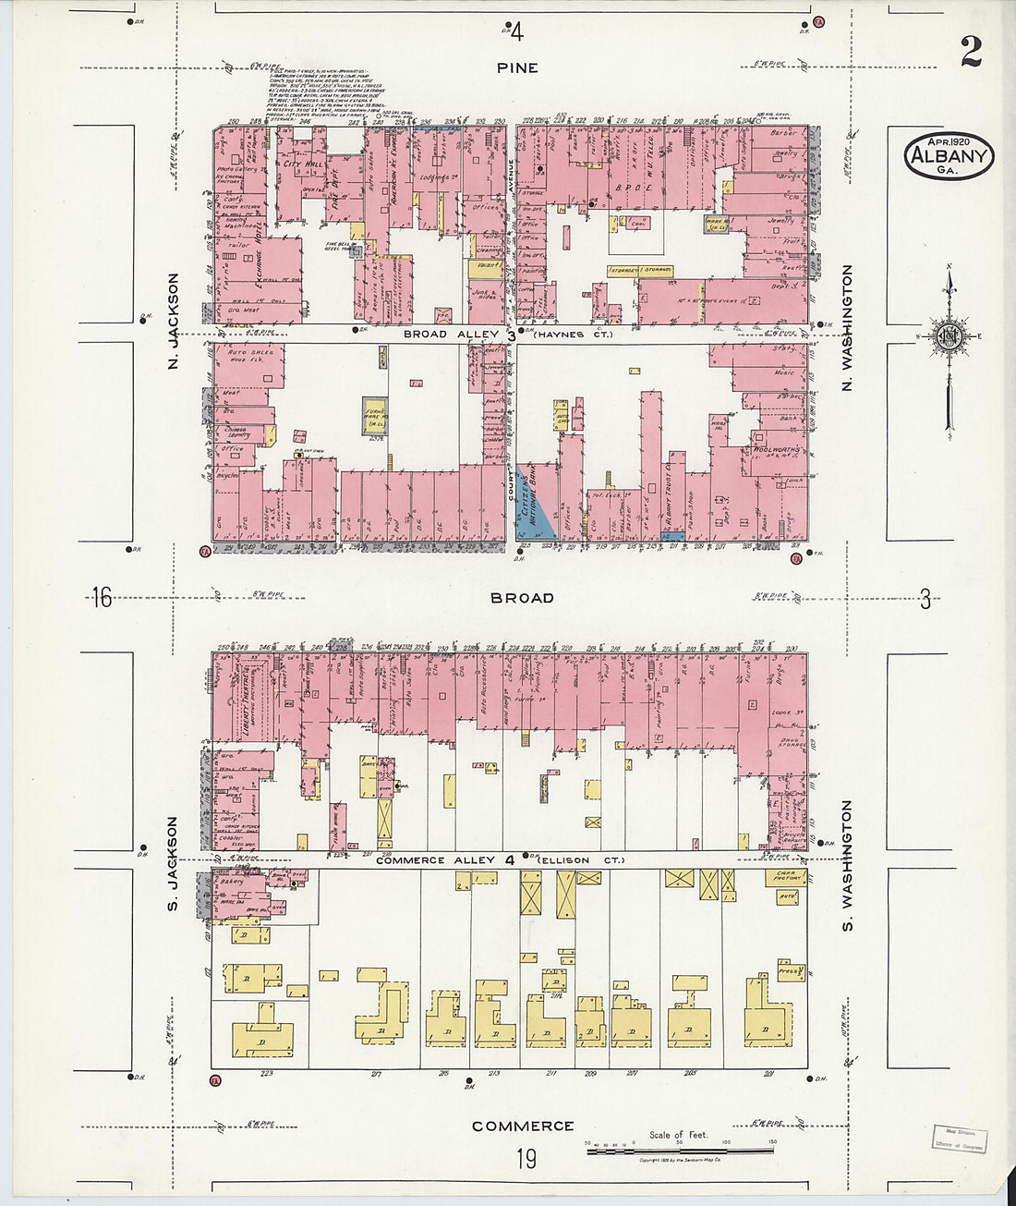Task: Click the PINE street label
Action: coord(516,67)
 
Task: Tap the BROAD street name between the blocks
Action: coord(522,598)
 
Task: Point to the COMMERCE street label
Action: coord(523,1126)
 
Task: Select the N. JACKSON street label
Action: coord(173,321)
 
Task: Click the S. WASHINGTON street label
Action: coord(847,866)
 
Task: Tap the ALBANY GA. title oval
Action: coord(949,156)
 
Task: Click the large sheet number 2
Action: coord(970,52)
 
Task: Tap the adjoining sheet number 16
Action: coord(101,598)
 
